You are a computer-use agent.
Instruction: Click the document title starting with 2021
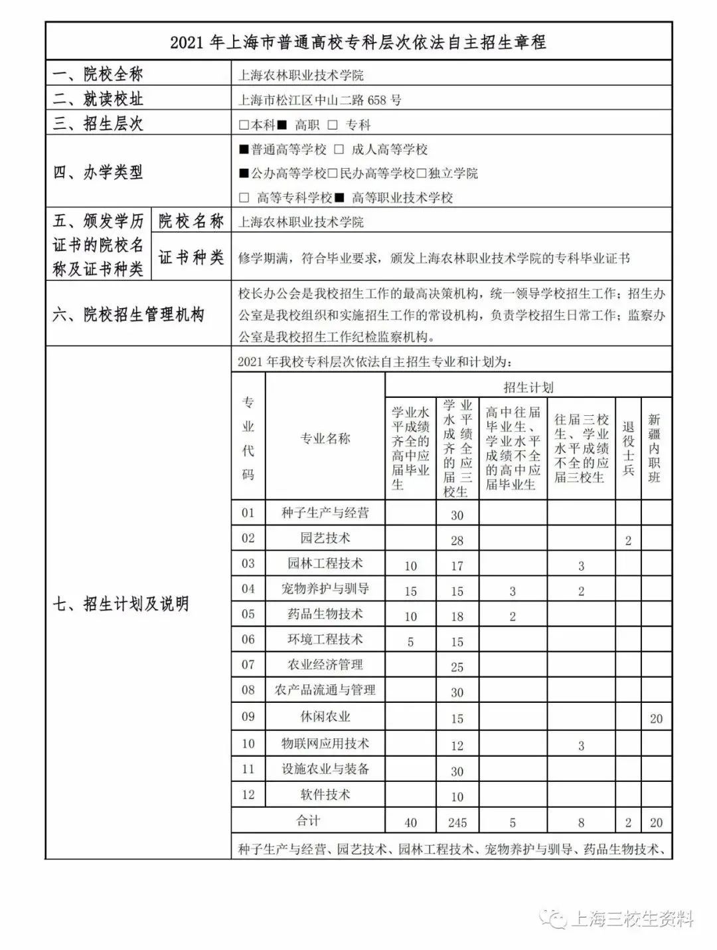click(358, 43)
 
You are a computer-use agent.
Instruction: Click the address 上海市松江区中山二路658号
click(319, 100)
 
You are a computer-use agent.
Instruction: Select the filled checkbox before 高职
click(282, 125)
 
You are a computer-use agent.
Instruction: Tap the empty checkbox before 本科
click(244, 125)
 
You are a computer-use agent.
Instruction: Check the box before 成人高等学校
click(339, 149)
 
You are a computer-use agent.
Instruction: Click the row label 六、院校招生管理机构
click(128, 314)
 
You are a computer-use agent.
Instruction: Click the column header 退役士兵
click(628, 448)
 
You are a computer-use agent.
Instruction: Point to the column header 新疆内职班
click(655, 448)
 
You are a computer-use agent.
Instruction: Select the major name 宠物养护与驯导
click(325, 589)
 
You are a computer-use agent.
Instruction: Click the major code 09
click(248, 716)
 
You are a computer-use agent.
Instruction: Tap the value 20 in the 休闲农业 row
click(656, 718)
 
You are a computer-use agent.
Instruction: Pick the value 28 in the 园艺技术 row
click(457, 540)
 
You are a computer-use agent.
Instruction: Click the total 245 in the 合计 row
click(457, 822)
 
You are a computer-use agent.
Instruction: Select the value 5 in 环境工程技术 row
click(410, 642)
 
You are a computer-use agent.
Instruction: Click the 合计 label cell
click(308, 820)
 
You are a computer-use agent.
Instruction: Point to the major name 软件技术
click(325, 794)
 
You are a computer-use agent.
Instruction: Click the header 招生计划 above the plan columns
click(528, 387)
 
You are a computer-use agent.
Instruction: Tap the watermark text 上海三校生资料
click(631, 919)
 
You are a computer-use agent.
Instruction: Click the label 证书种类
click(191, 257)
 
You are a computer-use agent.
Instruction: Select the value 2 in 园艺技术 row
click(628, 540)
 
